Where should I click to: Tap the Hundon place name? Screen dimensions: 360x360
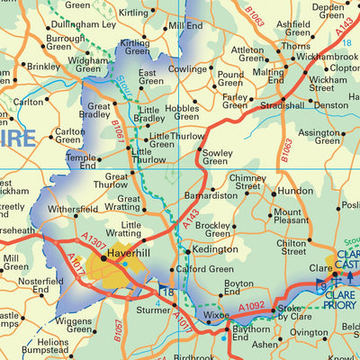(x=296, y=192)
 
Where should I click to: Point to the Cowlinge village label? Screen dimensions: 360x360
(x=185, y=68)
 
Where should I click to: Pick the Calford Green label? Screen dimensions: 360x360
(x=204, y=269)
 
